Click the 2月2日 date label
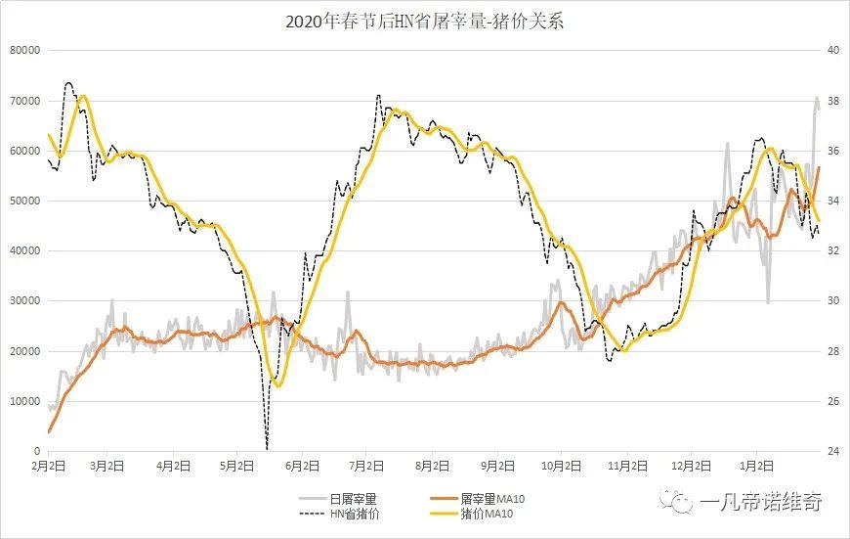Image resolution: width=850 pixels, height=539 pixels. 48,466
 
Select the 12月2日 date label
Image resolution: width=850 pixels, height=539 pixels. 692,466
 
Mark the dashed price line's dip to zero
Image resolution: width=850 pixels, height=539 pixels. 267,448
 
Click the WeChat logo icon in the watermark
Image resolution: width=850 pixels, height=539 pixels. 677,503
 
